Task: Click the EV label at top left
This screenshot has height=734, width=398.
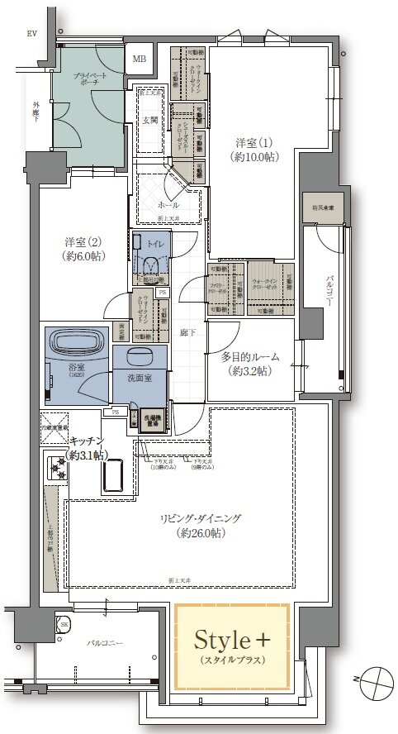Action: [x=32, y=33]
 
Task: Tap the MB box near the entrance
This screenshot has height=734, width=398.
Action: [x=140, y=59]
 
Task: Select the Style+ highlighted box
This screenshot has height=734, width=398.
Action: [x=232, y=645]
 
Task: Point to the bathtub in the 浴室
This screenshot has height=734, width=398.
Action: [x=75, y=343]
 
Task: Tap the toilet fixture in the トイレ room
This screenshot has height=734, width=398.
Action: [x=150, y=262]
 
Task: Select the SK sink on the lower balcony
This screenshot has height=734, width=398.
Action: [x=62, y=623]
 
